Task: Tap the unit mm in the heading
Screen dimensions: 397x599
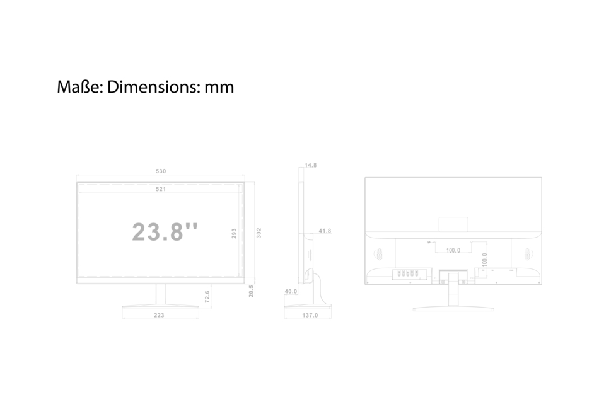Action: (x=218, y=88)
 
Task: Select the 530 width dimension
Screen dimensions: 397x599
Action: (x=161, y=171)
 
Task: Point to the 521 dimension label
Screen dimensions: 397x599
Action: (x=161, y=189)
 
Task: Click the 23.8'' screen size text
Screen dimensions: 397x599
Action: (x=165, y=232)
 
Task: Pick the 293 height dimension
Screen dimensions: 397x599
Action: (x=234, y=233)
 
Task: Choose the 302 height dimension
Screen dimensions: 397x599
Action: (x=259, y=233)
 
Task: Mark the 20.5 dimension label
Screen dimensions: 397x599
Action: (x=251, y=291)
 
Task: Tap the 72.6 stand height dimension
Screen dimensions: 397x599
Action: (x=207, y=297)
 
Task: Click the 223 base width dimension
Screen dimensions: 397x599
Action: (x=159, y=315)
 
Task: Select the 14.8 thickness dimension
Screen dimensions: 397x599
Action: (x=310, y=165)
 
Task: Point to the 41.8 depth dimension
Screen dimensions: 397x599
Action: (x=325, y=231)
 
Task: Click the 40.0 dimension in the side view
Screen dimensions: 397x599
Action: (x=291, y=291)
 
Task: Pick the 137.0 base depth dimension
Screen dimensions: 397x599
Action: (x=310, y=315)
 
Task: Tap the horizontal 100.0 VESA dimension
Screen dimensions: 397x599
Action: (x=453, y=251)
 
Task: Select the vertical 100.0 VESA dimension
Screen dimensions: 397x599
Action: (x=484, y=260)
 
